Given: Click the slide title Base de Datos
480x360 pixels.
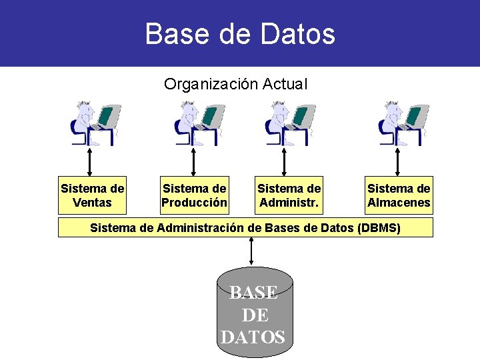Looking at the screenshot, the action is click(240, 33).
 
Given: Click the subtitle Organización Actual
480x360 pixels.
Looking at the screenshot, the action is click(235, 85).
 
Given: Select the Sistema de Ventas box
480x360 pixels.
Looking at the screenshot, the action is click(92, 195).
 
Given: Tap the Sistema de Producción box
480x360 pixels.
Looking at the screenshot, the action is click(194, 195).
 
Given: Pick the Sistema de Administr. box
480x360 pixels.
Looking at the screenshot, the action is click(289, 195).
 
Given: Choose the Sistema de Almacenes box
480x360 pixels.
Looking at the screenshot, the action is click(399, 195).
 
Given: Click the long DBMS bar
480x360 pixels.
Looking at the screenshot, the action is click(245, 228).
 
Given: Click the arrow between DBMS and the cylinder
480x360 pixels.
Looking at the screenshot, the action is click(251, 252).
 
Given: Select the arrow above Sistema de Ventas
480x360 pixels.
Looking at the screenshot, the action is click(89, 161).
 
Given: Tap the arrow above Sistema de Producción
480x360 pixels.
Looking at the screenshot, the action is click(193, 161).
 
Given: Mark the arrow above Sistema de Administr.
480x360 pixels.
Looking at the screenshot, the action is click(285, 161).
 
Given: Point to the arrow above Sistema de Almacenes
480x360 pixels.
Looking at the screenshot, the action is click(397, 161).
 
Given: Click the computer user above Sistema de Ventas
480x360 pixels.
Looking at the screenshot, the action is click(95, 123).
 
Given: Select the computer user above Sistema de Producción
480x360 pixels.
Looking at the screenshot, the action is click(197, 123).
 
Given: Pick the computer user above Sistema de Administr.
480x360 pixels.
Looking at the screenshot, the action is click(289, 123).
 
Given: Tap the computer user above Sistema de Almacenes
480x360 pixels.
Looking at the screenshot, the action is click(403, 123).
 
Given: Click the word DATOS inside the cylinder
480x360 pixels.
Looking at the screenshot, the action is click(253, 337).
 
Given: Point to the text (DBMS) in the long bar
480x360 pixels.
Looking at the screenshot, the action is click(379, 228).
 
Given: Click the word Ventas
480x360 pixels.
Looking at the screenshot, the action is click(92, 203).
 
